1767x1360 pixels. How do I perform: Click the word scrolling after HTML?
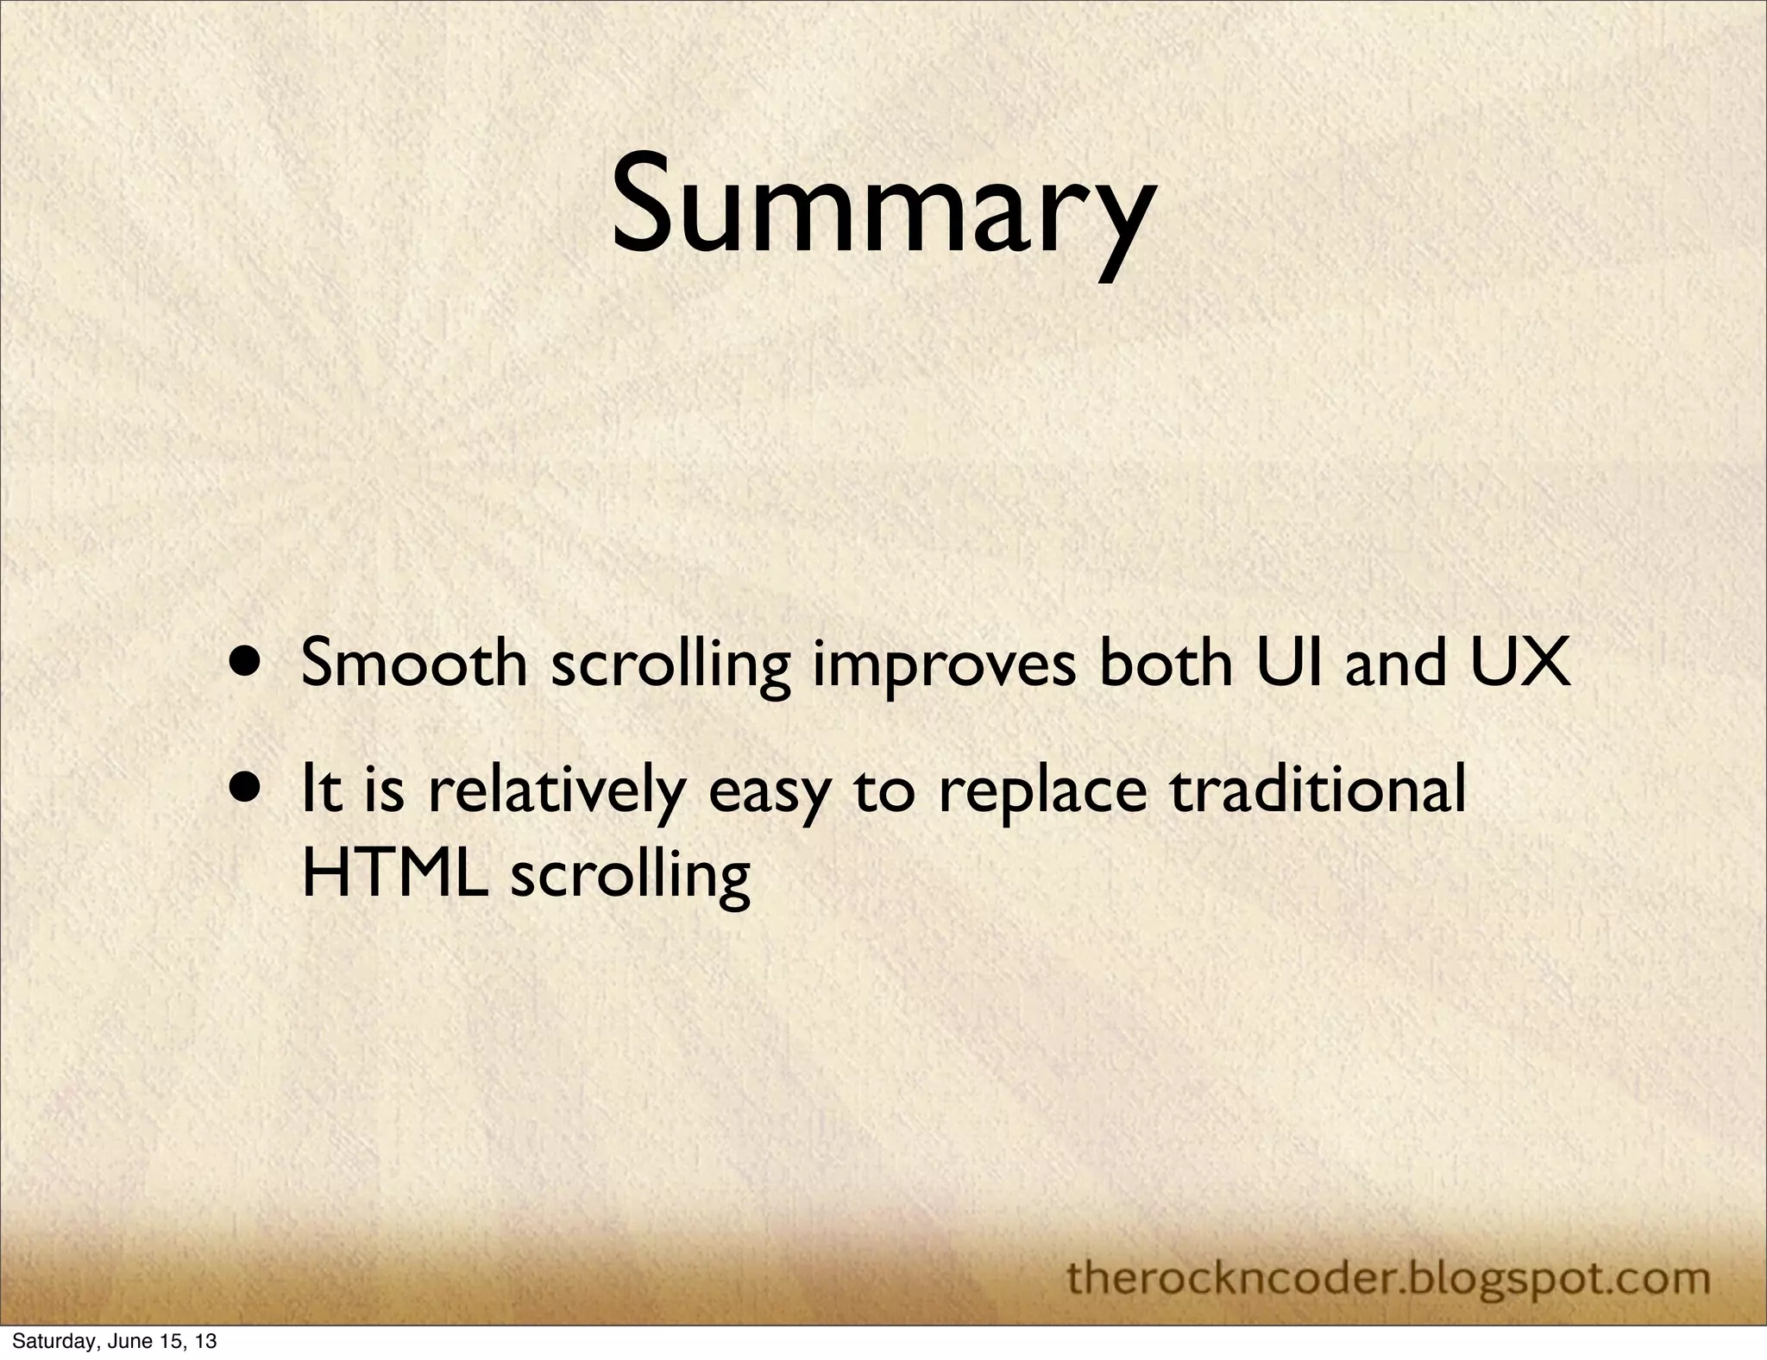[x=631, y=878]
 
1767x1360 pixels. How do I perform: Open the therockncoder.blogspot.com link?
[x=1388, y=1278]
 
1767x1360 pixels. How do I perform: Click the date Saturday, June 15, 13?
[x=114, y=1342]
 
